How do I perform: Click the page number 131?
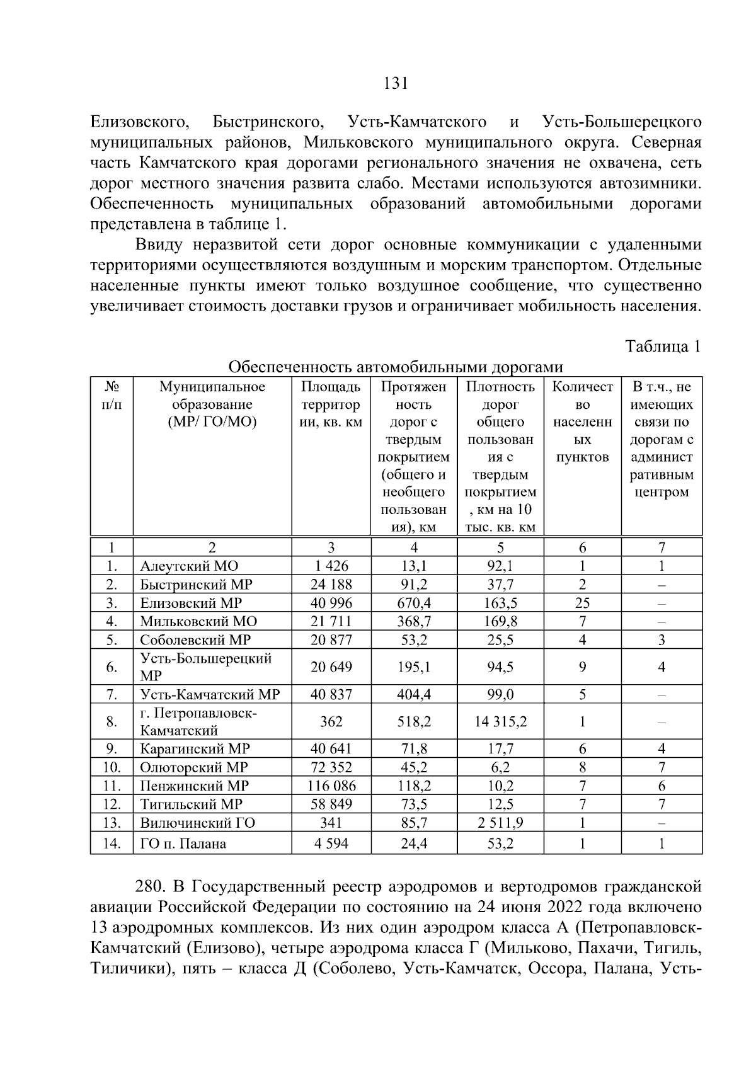click(x=396, y=84)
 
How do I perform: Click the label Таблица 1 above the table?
click(x=662, y=346)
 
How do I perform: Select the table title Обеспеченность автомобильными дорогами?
click(x=396, y=367)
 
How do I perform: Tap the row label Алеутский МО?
click(x=189, y=566)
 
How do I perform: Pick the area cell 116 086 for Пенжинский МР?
click(x=331, y=786)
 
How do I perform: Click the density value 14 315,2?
click(x=500, y=721)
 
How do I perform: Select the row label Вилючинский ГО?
click(x=197, y=822)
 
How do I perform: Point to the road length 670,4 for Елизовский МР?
click(x=414, y=603)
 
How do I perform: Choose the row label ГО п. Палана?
click(x=183, y=843)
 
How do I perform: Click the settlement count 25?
click(x=582, y=603)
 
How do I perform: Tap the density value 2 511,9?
click(x=500, y=822)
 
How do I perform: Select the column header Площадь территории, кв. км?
click(x=331, y=404)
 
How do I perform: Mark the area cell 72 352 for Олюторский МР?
click(x=331, y=767)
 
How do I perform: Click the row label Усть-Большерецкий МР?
click(x=205, y=667)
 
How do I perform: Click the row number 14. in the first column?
click(x=112, y=843)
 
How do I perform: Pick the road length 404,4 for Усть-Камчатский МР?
click(x=414, y=694)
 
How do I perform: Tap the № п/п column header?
click(x=112, y=396)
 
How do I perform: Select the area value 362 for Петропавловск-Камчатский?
click(x=331, y=721)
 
